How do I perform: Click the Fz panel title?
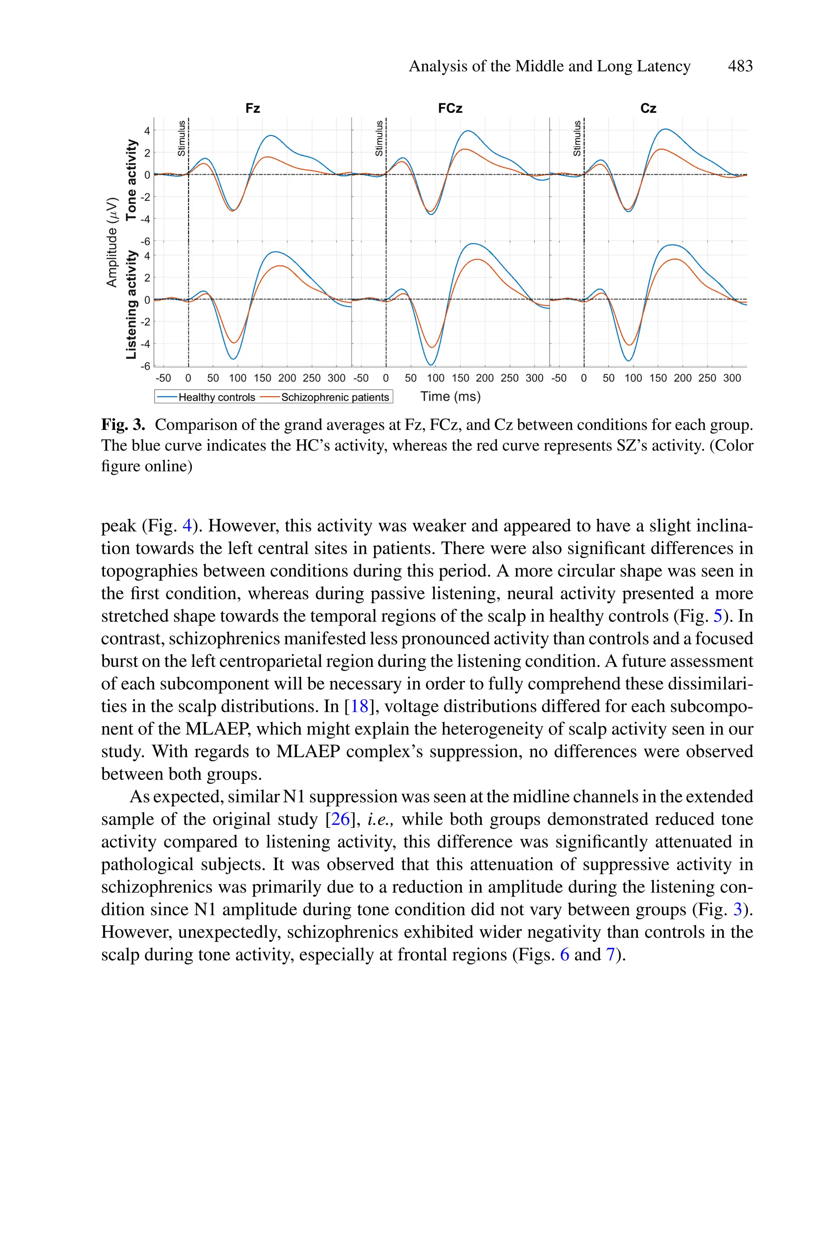click(x=253, y=109)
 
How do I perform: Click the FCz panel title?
click(x=451, y=109)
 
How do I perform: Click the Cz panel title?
click(x=648, y=109)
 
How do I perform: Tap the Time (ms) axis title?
click(x=451, y=396)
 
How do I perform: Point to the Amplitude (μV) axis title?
click(x=112, y=242)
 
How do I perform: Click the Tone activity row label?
click(x=131, y=180)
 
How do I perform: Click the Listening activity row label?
click(x=131, y=305)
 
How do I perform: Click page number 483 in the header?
click(x=740, y=66)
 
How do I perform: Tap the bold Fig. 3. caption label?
click(x=123, y=425)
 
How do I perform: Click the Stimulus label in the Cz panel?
click(x=577, y=139)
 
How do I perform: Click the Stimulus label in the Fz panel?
click(x=181, y=139)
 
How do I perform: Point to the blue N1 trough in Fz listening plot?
click(x=234, y=359)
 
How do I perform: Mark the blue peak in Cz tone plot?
click(x=665, y=129)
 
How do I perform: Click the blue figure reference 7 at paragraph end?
click(x=611, y=955)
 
